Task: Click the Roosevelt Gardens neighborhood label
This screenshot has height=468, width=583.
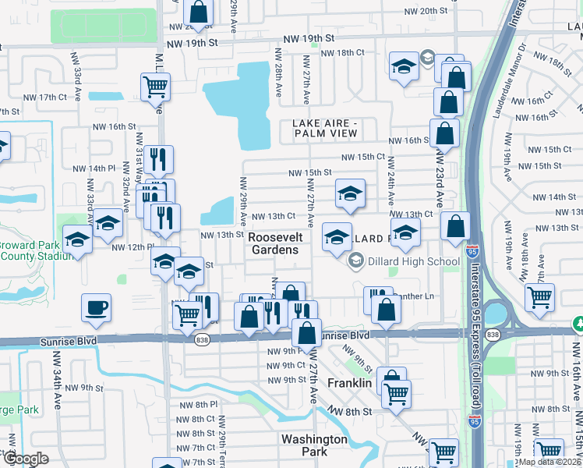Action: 274,243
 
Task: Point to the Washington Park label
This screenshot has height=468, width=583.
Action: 314,445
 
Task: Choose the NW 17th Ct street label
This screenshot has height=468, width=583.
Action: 46,97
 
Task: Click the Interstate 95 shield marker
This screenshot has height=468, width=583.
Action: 472,250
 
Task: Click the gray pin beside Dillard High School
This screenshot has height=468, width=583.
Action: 356,261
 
